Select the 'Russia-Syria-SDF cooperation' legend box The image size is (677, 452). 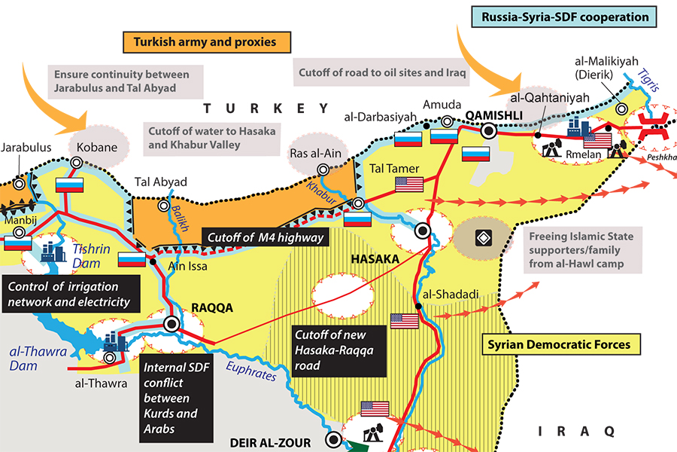click(561, 16)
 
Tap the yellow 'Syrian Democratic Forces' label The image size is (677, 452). click(560, 345)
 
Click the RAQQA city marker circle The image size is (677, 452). click(172, 324)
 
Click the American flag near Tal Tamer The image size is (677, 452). click(409, 185)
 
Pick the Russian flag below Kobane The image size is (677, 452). click(68, 185)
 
